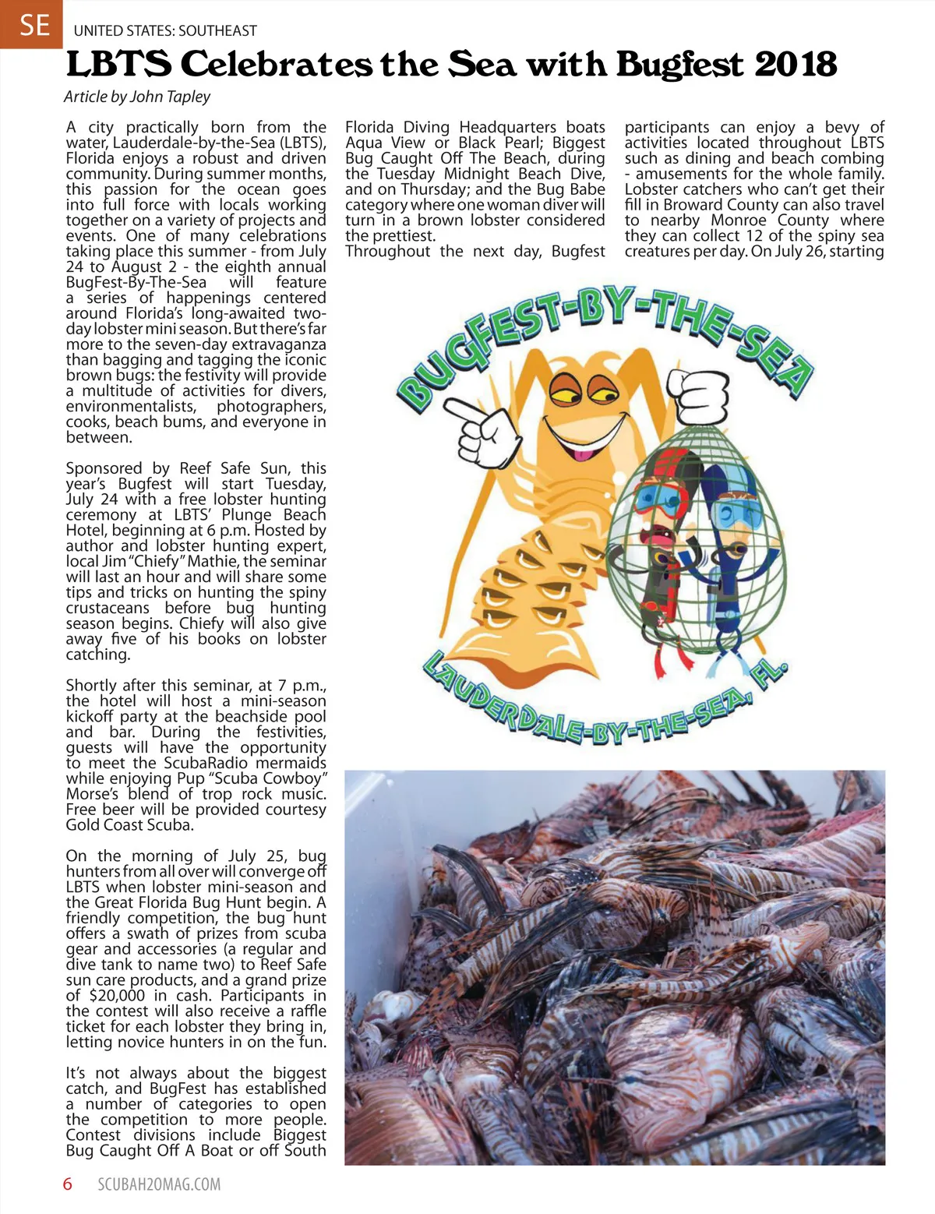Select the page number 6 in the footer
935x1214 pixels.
click(x=68, y=1184)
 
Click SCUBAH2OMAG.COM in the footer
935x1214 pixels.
click(x=159, y=1185)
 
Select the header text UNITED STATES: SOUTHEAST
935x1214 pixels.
click(x=165, y=31)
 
